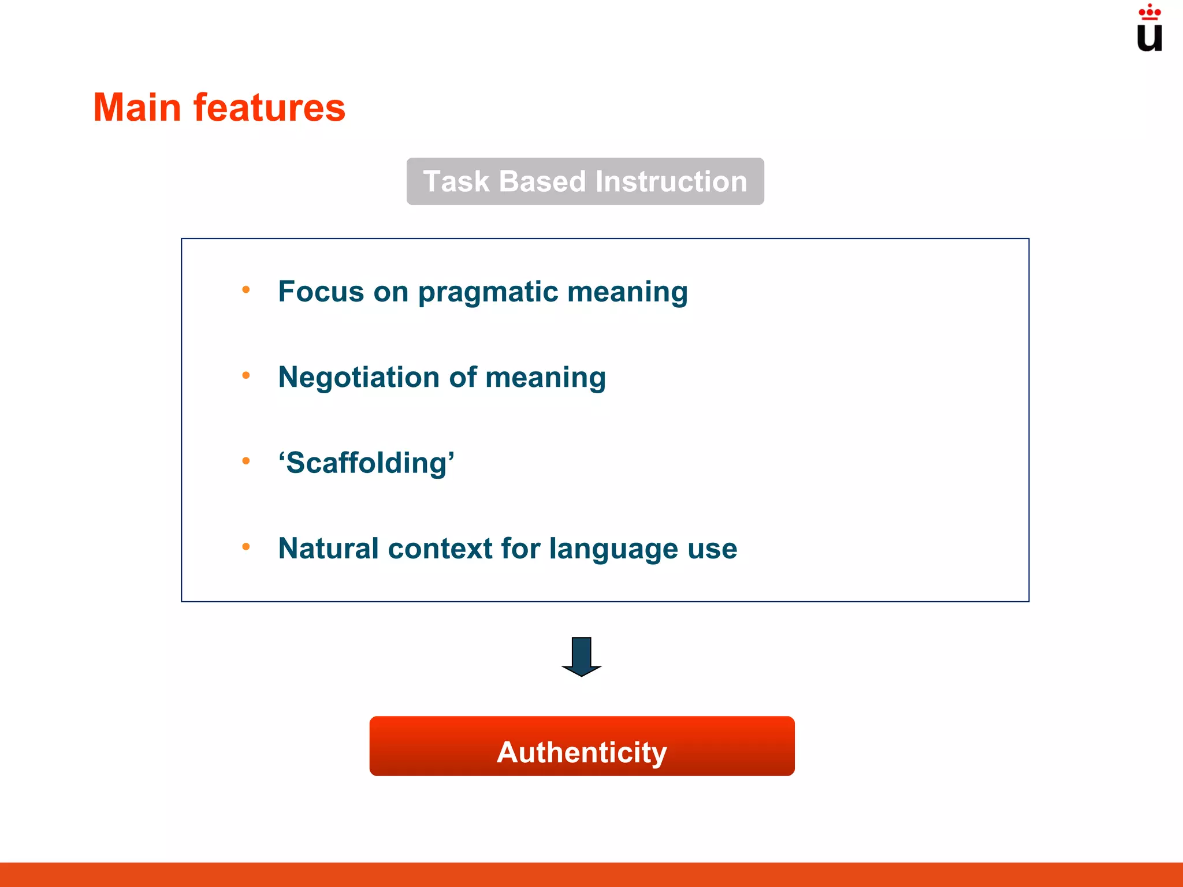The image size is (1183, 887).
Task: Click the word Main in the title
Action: pyautogui.click(x=137, y=108)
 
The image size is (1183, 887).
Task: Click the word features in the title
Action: pyautogui.click(x=269, y=108)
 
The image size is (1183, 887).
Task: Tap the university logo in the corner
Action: pyautogui.click(x=1149, y=29)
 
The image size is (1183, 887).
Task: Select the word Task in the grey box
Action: pyautogui.click(x=456, y=181)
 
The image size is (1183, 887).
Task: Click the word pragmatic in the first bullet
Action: pyautogui.click(x=488, y=292)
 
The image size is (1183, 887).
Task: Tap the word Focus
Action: pyautogui.click(x=321, y=291)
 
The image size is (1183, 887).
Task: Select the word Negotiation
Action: pyautogui.click(x=359, y=377)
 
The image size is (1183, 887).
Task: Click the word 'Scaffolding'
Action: pyautogui.click(x=366, y=463)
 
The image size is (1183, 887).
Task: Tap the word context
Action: pyautogui.click(x=440, y=549)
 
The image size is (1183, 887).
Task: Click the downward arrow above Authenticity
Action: pyautogui.click(x=581, y=656)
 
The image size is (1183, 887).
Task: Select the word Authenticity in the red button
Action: pyautogui.click(x=582, y=752)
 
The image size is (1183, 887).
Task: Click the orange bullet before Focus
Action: pyautogui.click(x=246, y=290)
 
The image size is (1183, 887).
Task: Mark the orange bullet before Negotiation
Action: pyautogui.click(x=246, y=375)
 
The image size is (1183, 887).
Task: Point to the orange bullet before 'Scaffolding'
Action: pyautogui.click(x=246, y=461)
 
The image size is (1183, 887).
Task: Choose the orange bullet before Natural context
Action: pyautogui.click(x=246, y=546)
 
